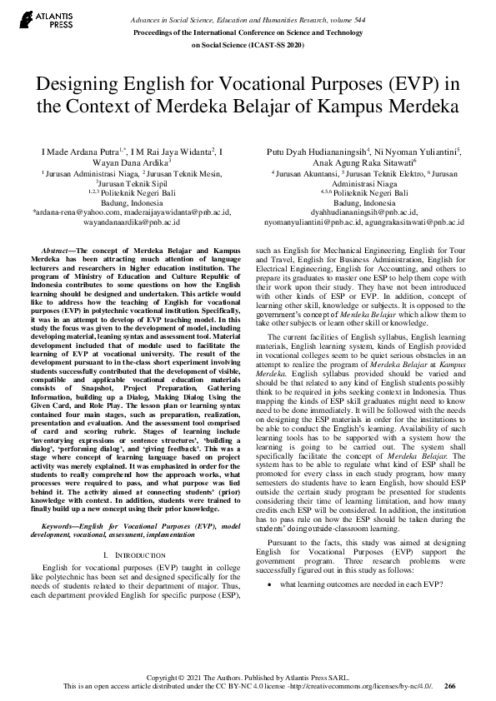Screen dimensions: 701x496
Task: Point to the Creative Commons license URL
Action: [364, 686]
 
